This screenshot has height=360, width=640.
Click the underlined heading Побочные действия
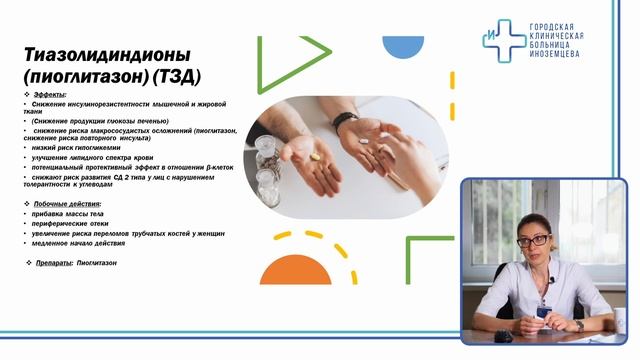69,203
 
